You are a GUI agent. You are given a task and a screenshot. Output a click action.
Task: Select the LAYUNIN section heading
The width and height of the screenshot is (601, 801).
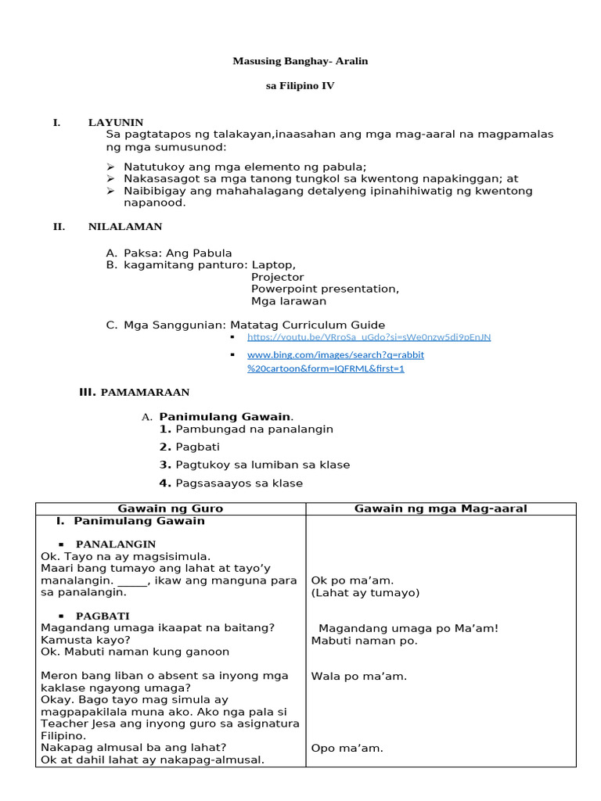tap(116, 123)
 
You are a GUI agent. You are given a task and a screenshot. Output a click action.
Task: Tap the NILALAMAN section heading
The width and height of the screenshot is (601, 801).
tap(125, 227)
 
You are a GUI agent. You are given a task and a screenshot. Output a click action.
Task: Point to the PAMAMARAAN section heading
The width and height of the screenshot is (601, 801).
tap(145, 392)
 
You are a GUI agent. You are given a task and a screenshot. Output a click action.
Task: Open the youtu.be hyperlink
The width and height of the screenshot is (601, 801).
tap(369, 337)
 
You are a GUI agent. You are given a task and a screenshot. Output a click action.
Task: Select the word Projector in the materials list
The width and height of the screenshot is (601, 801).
tap(277, 277)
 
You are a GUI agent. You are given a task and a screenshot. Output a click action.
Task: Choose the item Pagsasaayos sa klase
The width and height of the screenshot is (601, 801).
tap(239, 483)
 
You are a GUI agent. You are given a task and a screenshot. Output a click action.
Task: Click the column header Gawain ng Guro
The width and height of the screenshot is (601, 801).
tap(171, 508)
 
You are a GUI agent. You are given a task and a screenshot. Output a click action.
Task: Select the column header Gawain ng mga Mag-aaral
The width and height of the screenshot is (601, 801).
tap(441, 508)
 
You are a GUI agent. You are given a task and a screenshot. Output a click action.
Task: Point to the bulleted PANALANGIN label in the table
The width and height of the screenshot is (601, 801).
tap(115, 544)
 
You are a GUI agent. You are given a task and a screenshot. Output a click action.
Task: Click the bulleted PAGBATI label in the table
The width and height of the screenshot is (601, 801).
tap(103, 616)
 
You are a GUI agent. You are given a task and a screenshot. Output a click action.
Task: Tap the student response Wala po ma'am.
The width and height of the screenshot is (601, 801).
tap(358, 676)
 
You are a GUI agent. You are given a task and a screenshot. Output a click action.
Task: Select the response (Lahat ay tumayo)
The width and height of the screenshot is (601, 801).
tap(353, 592)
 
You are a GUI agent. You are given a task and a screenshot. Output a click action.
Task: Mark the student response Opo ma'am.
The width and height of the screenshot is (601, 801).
tap(347, 748)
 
